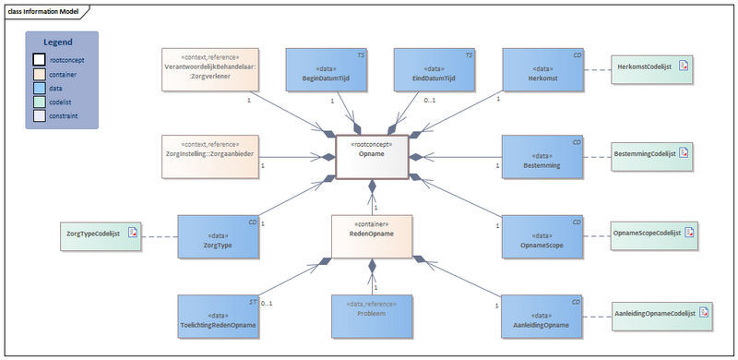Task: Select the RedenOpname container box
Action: click(x=373, y=237)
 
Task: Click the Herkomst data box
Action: click(x=543, y=71)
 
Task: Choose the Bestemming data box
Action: click(x=543, y=158)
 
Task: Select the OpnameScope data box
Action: click(x=543, y=237)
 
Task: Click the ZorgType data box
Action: click(x=219, y=237)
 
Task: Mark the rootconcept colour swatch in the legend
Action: click(x=39, y=59)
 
